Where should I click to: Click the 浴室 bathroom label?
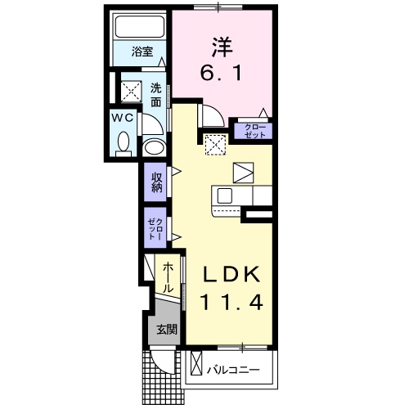pyautogui.click(x=142, y=52)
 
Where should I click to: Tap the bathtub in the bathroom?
pyautogui.click(x=140, y=26)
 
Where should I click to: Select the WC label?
pyautogui.click(x=124, y=118)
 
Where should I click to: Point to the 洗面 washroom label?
pyautogui.click(x=156, y=95)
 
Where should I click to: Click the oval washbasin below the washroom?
pyautogui.click(x=155, y=148)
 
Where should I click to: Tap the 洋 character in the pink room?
pyautogui.click(x=221, y=47)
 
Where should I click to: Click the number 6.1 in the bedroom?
pyautogui.click(x=221, y=73)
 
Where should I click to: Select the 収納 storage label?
pyautogui.click(x=157, y=182)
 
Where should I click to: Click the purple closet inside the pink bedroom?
pyautogui.click(x=254, y=131)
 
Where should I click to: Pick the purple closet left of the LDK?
pyautogui.click(x=155, y=228)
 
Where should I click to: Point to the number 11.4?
pyautogui.click(x=231, y=302)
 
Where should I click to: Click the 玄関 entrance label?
pyautogui.click(x=167, y=330)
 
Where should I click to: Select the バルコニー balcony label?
pyautogui.click(x=233, y=370)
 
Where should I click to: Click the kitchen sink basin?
pyautogui.click(x=224, y=196)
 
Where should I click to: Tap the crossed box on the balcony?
pyautogui.click(x=196, y=364)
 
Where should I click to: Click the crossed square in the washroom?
pyautogui.click(x=132, y=92)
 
